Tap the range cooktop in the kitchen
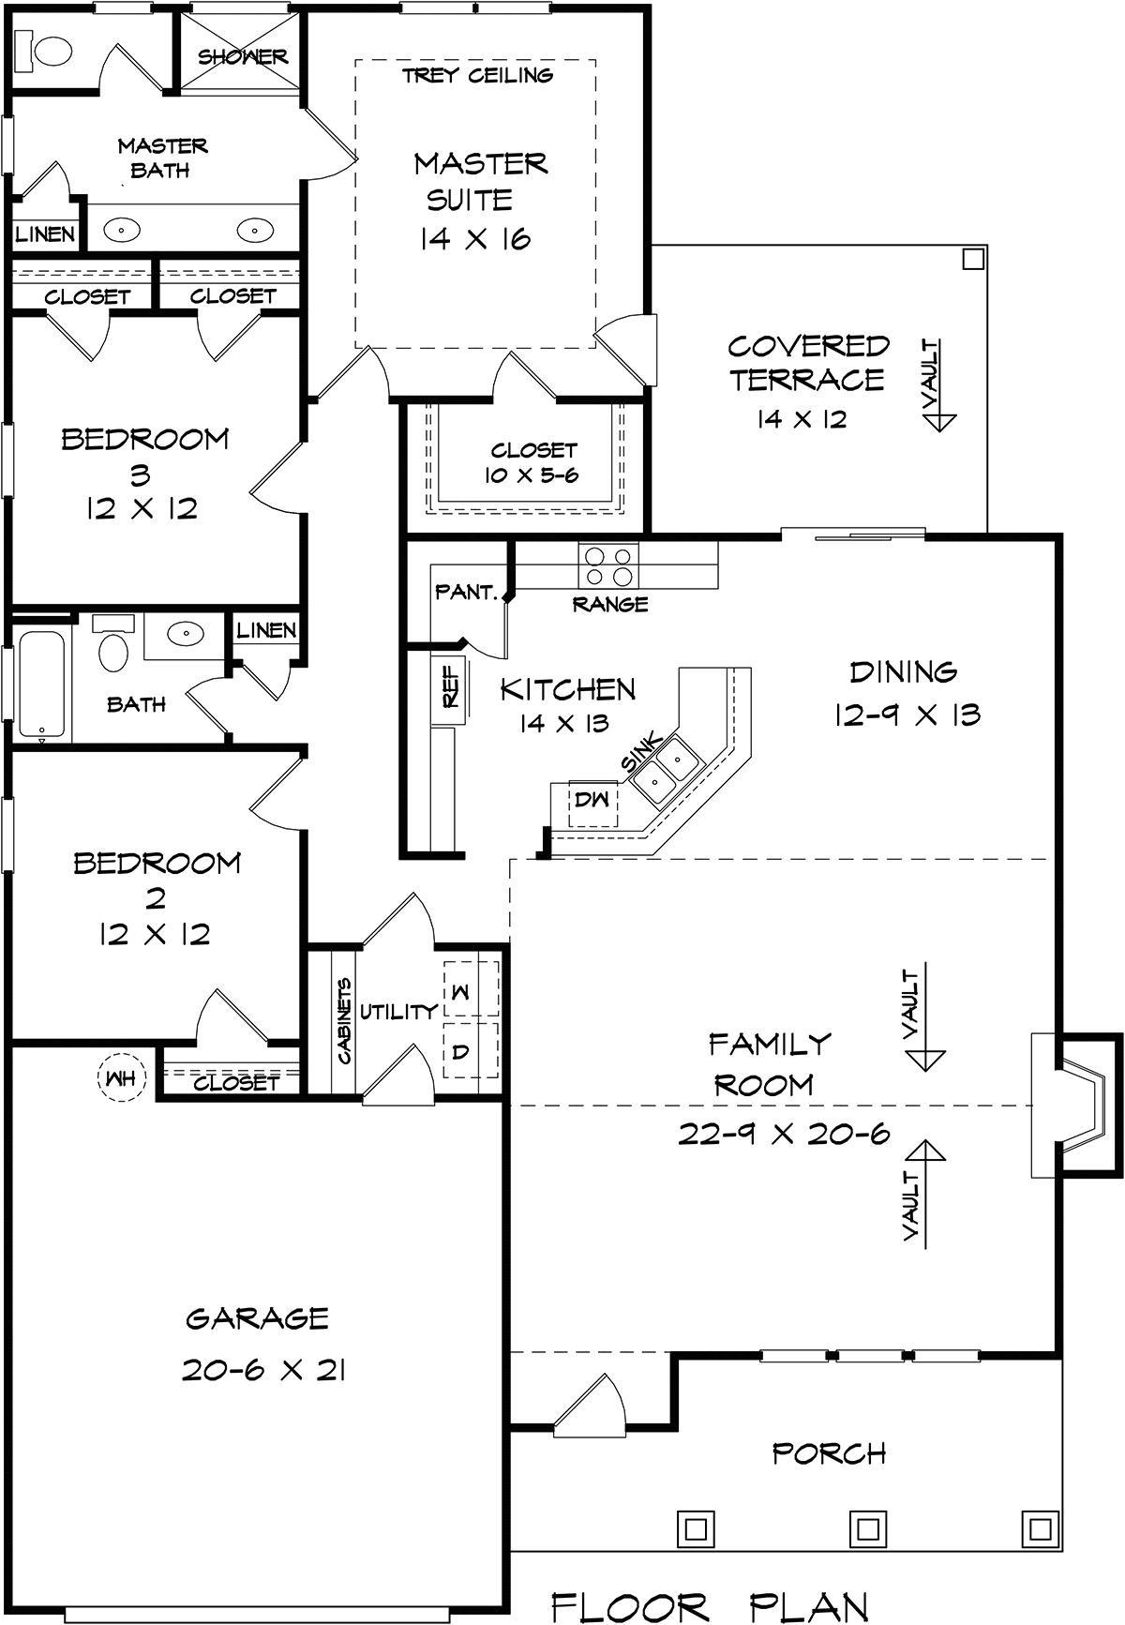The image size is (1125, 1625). pos(608,565)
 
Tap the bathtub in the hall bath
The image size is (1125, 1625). pos(43,685)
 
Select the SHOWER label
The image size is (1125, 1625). pos(242,56)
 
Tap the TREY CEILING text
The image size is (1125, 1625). pos(478,75)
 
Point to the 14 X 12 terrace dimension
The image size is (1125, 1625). pos(802,418)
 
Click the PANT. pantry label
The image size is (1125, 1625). pos(465,593)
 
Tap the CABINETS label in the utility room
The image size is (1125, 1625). pos(344,1021)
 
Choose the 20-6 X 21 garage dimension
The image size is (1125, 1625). pos(264,1370)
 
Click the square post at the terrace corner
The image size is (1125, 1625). pos(973,258)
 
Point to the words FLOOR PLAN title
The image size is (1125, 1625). pos(709,1604)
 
